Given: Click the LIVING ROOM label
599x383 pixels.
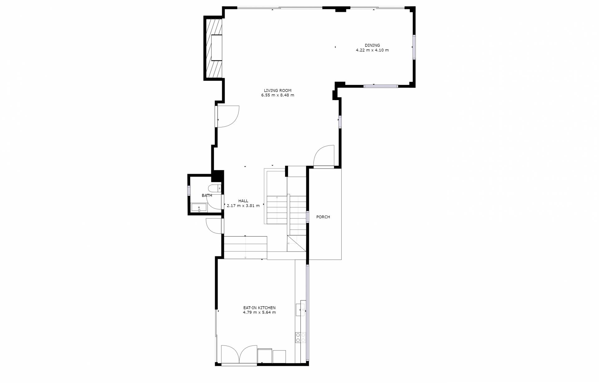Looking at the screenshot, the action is [x=278, y=91].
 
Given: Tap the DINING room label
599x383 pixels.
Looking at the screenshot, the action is [x=372, y=45].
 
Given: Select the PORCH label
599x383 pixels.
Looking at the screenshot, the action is [x=323, y=217].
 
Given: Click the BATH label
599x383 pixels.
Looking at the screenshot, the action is [x=207, y=195].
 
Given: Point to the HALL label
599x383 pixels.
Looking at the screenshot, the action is [x=243, y=201].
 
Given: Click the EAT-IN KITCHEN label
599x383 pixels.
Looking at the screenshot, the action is [x=259, y=308].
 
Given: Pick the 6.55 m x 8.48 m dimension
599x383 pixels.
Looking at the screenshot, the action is [x=278, y=95].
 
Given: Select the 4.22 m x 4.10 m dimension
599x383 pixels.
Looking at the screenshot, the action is [x=372, y=50].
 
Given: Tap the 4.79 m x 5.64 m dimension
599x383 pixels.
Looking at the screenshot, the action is [x=259, y=312].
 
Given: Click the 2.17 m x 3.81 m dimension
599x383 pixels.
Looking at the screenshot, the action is [x=243, y=206].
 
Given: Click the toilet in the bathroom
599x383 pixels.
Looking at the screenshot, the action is [x=215, y=189].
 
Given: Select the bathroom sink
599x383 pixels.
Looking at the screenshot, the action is [x=199, y=208].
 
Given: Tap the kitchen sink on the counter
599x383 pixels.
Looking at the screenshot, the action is [x=301, y=310].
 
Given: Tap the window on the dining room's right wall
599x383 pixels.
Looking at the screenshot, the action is [x=414, y=47].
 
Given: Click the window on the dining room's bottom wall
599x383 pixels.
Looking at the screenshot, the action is [x=381, y=86].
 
